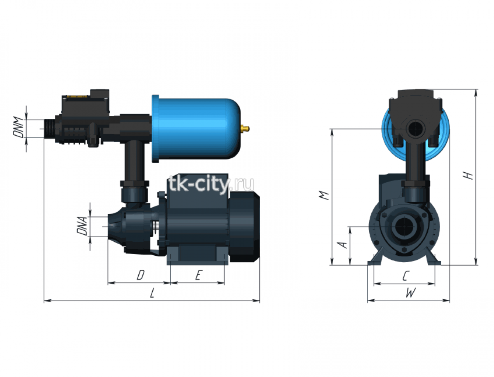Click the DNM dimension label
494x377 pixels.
(x=18, y=127)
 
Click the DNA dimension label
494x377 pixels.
(x=82, y=226)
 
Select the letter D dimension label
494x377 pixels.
(x=141, y=275)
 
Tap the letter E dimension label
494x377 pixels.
(x=198, y=275)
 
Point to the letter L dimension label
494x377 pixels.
(x=152, y=293)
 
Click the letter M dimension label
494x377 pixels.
(x=324, y=195)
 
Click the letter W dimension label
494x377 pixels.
(x=410, y=293)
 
